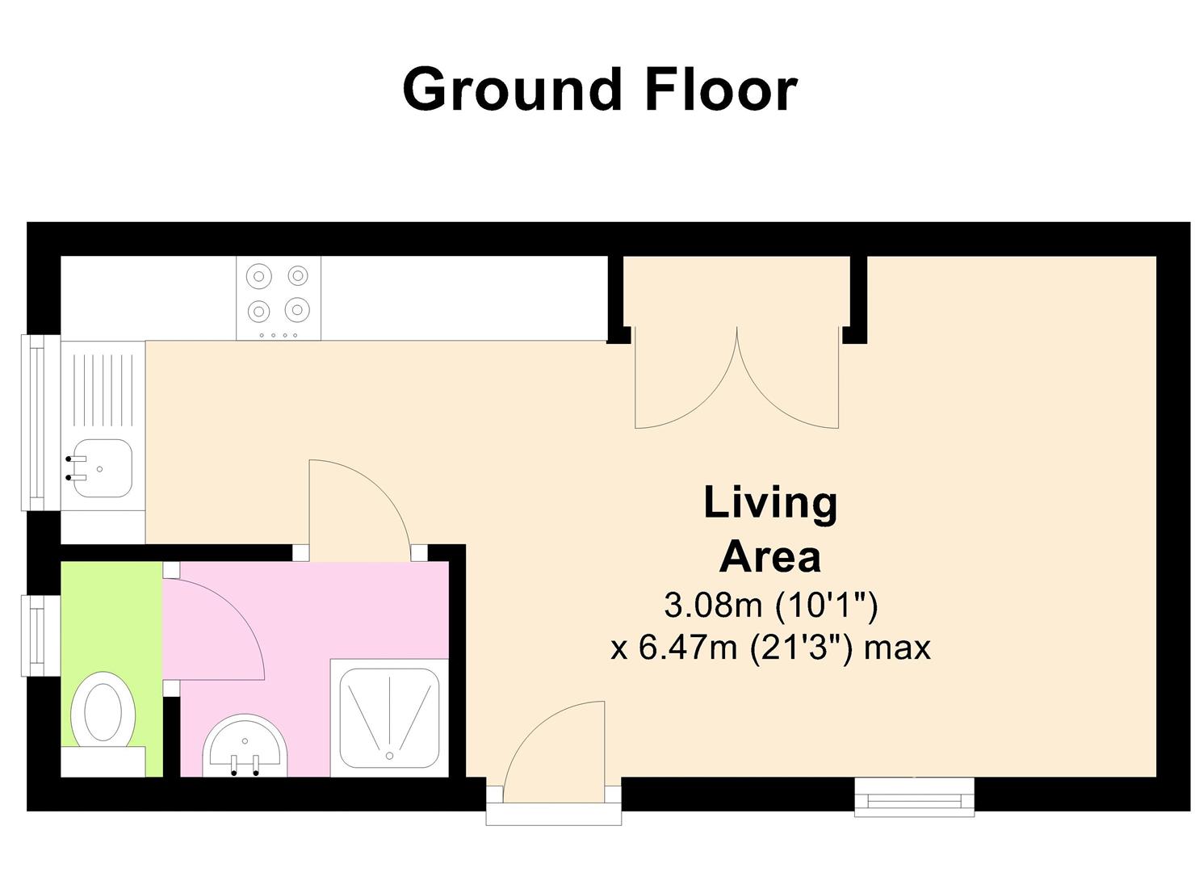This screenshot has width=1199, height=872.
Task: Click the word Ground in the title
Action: click(x=512, y=89)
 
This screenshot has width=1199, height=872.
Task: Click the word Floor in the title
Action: click(x=722, y=89)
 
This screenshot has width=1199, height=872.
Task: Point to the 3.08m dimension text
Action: click(x=712, y=606)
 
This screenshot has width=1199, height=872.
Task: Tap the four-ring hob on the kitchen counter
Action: click(x=279, y=298)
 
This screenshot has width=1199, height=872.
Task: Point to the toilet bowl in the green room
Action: click(x=103, y=711)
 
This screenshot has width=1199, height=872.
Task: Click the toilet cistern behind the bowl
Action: click(x=103, y=761)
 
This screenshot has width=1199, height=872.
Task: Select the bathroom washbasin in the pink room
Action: click(x=245, y=745)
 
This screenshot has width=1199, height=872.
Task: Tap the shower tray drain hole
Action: click(x=390, y=756)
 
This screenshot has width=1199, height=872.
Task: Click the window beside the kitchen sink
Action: click(x=40, y=423)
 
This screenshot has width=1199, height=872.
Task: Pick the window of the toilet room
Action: click(x=40, y=636)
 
